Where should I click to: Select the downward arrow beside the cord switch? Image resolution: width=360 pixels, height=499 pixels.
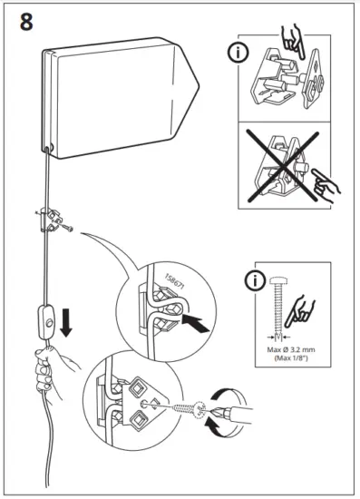click(66, 325)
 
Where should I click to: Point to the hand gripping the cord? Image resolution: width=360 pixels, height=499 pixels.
click(43, 373)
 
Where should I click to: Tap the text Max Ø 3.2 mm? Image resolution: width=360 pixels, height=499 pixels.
click(290, 349)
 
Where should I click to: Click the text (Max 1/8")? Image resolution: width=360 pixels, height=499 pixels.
click(290, 359)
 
